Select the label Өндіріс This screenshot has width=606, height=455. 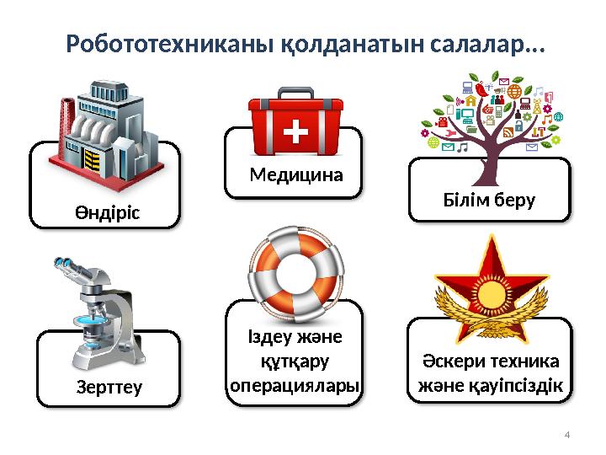pyautogui.click(x=105, y=212)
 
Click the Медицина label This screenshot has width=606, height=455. pyautogui.click(x=297, y=176)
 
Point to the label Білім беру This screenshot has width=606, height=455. pyautogui.click(x=489, y=201)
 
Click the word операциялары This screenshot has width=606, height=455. pyautogui.click(x=295, y=385)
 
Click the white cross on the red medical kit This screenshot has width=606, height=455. pyautogui.click(x=297, y=132)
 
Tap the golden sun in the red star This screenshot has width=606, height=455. pyautogui.click(x=488, y=291)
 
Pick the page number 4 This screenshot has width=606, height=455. pyautogui.click(x=566, y=435)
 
